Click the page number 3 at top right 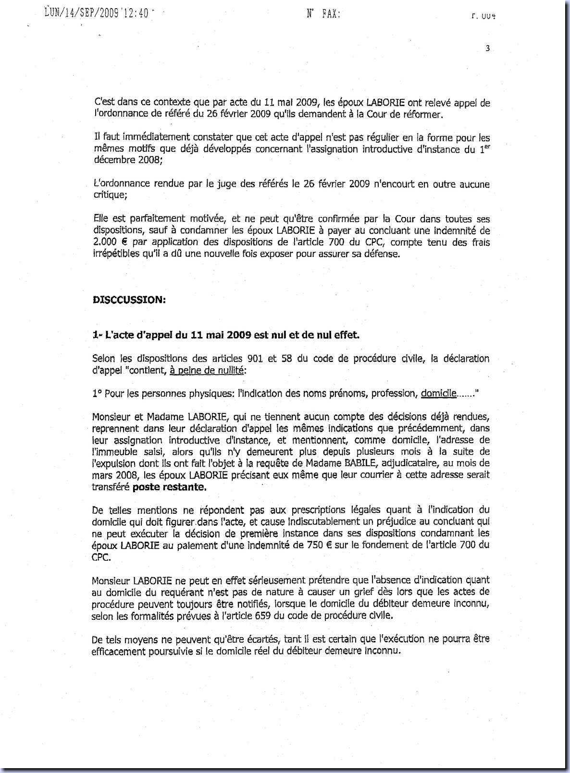(x=487, y=48)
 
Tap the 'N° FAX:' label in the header (x=323, y=14)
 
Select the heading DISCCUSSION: (x=129, y=299)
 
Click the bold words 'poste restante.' (x=169, y=487)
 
